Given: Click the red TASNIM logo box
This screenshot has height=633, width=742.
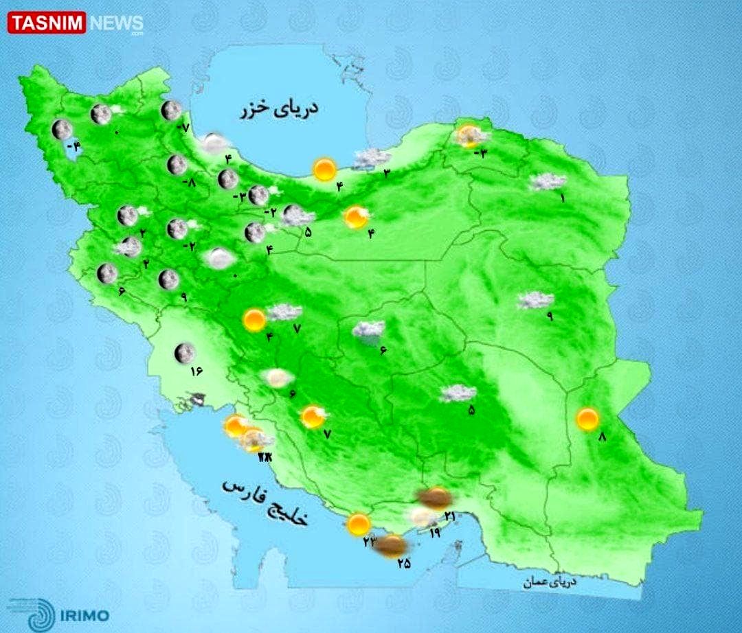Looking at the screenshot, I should [46, 23].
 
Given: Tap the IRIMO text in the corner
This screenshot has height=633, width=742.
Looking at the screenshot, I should [85, 615].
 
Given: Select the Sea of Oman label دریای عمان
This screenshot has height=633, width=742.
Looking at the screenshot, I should [549, 582].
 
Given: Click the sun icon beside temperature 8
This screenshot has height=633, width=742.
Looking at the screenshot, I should [587, 419].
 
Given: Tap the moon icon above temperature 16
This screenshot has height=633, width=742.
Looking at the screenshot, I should [183, 353].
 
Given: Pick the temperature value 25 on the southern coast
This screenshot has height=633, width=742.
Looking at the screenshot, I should [403, 564].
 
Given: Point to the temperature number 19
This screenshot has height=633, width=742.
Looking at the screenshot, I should [434, 531].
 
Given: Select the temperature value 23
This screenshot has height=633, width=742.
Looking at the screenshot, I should [370, 542].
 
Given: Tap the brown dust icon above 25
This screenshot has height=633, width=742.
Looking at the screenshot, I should [392, 546].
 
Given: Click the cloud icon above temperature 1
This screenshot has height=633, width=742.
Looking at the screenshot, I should [548, 182].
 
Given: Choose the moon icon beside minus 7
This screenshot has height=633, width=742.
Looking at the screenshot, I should [171, 111].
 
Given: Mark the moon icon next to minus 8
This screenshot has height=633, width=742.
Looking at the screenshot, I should [177, 165].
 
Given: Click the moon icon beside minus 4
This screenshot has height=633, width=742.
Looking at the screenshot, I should [62, 129].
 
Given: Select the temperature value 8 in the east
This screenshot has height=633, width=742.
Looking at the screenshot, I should [604, 437].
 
